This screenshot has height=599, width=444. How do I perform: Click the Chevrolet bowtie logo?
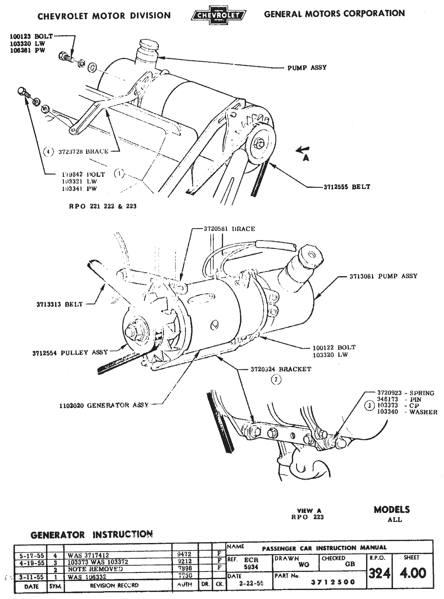(x=218, y=16)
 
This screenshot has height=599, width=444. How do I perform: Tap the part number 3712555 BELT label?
(x=346, y=187)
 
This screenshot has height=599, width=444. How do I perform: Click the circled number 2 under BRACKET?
(x=277, y=379)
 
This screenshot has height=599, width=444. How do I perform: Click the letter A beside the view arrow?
(x=306, y=158)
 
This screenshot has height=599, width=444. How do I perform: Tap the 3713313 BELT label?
(x=58, y=304)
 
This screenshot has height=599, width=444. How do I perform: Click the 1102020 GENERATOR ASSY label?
(x=104, y=405)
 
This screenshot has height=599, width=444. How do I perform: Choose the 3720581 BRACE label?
(x=229, y=229)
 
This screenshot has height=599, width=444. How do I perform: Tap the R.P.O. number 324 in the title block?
(x=379, y=574)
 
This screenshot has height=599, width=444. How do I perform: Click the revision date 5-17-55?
(x=31, y=555)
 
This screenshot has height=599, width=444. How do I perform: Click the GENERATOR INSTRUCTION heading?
(x=92, y=534)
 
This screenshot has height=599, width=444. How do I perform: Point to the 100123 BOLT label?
(x=31, y=37)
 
